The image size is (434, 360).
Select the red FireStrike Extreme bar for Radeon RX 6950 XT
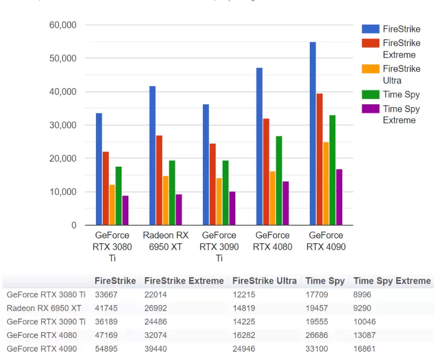pyautogui.click(x=159, y=180)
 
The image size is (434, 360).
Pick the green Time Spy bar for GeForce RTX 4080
pyautogui.click(x=279, y=180)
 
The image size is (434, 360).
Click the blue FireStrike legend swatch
pyautogui.click(x=370, y=29)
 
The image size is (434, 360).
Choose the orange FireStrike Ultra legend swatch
pyautogui.click(x=370, y=69)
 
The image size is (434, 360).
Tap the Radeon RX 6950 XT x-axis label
pyautogui.click(x=165, y=241)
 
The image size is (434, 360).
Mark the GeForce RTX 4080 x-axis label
pyautogui.click(x=273, y=241)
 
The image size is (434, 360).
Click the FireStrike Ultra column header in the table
pyautogui.click(x=265, y=281)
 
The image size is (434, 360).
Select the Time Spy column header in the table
pyautogui.click(x=325, y=281)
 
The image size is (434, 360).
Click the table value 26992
pyautogui.click(x=155, y=308)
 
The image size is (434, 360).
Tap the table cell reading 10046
pyautogui.click(x=364, y=322)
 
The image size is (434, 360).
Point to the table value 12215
pyautogui.click(x=244, y=294)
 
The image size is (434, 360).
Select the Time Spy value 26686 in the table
pyautogui.click(x=316, y=335)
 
